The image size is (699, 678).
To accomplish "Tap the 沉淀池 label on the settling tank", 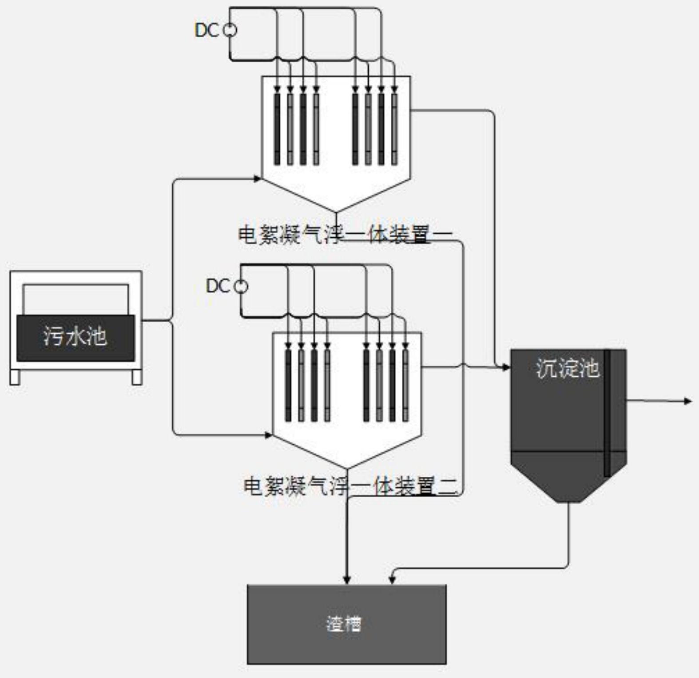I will [x=567, y=368].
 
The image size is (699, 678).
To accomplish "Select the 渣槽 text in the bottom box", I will [x=344, y=624].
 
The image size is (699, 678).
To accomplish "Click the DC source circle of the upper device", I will [x=230, y=30].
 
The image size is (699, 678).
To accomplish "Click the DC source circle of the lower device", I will [x=241, y=287].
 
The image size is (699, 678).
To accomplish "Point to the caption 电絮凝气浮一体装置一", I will [x=345, y=235].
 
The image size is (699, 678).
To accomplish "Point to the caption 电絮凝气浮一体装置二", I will [x=350, y=486].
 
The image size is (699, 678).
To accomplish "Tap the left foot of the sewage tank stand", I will [x=15, y=377].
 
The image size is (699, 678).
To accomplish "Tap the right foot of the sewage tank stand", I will [x=137, y=377].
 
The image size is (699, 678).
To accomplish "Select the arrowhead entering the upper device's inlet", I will [x=258, y=179].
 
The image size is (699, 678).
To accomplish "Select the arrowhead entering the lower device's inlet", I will [x=268, y=435].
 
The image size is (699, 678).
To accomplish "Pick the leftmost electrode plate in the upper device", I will [x=277, y=129].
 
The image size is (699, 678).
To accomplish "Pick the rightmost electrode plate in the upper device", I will [x=394, y=129].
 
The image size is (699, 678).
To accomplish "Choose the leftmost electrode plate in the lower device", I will [x=288, y=385].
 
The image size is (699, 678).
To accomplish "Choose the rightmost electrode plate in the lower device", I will [x=405, y=385].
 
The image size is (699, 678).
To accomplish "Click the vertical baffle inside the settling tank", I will [x=607, y=413].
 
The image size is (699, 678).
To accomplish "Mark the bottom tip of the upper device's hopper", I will [x=336, y=212].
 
